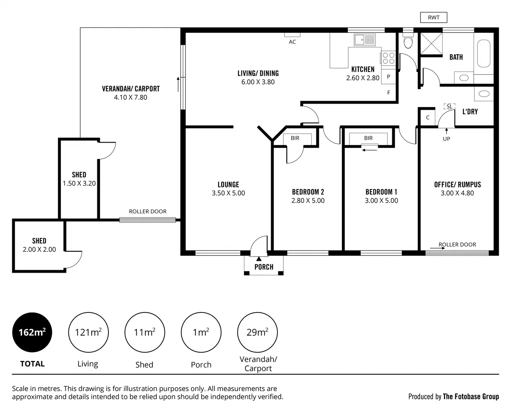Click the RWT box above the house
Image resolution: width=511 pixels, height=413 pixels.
(433, 17)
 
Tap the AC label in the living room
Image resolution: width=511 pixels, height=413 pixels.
(292, 42)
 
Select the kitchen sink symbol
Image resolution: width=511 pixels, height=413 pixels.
(365, 40)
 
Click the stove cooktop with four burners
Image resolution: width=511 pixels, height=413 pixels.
(388, 58)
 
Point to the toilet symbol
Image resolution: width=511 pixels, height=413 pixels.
(408, 41)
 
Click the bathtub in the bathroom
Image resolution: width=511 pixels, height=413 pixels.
(484, 53)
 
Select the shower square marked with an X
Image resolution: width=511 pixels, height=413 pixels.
(431, 44)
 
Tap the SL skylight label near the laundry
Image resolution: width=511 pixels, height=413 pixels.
(450, 106)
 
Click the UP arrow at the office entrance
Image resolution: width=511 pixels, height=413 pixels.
(446, 131)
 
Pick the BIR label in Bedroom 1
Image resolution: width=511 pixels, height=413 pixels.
(368, 138)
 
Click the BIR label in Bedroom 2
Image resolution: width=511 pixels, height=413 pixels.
(295, 138)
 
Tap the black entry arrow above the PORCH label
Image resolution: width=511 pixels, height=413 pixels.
(259, 259)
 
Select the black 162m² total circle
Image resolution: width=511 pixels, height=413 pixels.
(32, 332)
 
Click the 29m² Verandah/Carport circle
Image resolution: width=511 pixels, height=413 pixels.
(257, 332)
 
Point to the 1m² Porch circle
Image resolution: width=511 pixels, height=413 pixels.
(201, 332)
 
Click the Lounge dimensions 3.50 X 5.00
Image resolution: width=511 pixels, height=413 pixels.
(228, 193)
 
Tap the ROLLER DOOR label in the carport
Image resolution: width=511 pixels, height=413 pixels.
(147, 211)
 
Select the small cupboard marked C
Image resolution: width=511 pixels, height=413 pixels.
(428, 117)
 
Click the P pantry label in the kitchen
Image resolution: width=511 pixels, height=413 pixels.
(388, 76)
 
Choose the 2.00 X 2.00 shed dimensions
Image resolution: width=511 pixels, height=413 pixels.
(39, 249)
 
